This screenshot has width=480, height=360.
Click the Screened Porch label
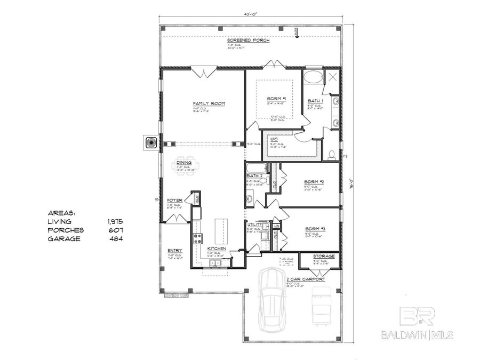click(x=248, y=41)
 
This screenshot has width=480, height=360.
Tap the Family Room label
click(x=207, y=103)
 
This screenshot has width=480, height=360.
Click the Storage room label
click(x=324, y=257)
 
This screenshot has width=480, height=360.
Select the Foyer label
click(x=175, y=201)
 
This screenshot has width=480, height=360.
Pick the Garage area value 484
click(x=115, y=239)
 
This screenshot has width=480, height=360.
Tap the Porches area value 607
click(x=115, y=230)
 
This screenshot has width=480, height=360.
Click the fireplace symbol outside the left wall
click(x=149, y=142)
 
